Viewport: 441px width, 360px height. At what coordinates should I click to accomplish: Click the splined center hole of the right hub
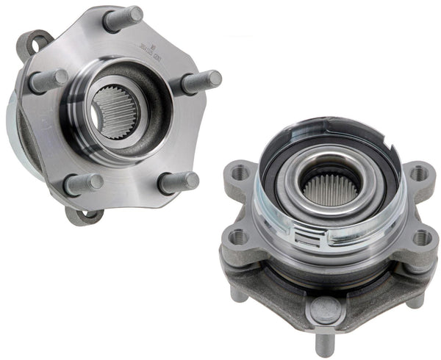(x=329, y=190)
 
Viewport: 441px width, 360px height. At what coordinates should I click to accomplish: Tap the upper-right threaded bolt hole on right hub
(x=418, y=173)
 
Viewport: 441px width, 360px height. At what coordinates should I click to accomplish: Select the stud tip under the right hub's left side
(x=238, y=294)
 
